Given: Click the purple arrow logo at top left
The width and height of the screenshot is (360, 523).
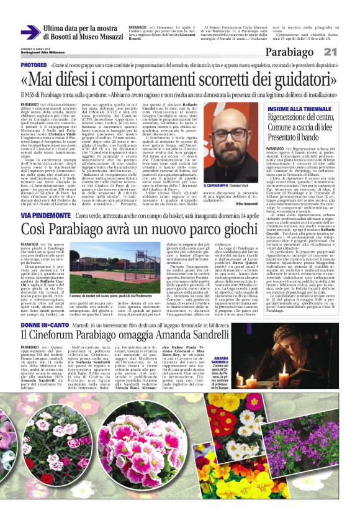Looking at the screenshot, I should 30,33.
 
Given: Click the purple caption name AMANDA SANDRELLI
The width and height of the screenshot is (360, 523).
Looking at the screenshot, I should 222,362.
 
